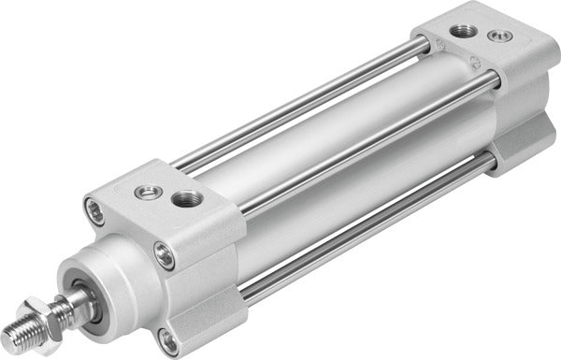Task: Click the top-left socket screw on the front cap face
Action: point(93,209)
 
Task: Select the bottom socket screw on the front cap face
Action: point(168,338)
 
